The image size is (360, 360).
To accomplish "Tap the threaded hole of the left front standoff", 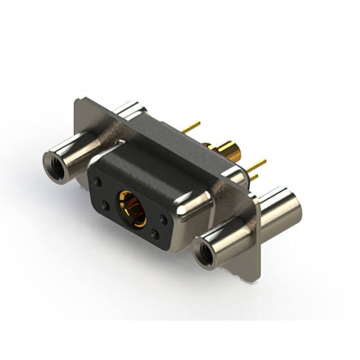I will pyautogui.click(x=55, y=166).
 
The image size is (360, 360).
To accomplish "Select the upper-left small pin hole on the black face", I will pyautogui.click(x=98, y=182).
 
